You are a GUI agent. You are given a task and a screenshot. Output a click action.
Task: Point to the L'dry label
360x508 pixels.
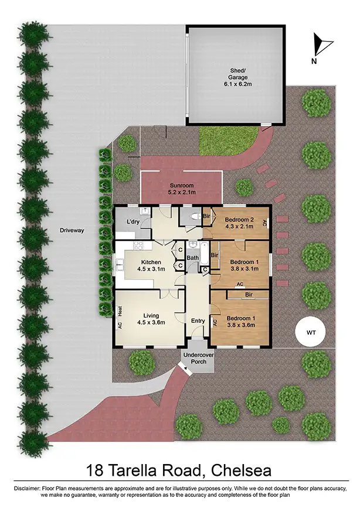coord(133,221)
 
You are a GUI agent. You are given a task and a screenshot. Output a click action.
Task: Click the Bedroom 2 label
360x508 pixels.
coord(238,224)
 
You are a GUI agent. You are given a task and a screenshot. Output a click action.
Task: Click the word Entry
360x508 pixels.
coord(198,321)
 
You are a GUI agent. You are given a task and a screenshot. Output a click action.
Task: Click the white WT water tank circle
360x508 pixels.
coord(310,332)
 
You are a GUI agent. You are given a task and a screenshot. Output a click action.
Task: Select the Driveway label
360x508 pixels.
coord(72,230)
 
